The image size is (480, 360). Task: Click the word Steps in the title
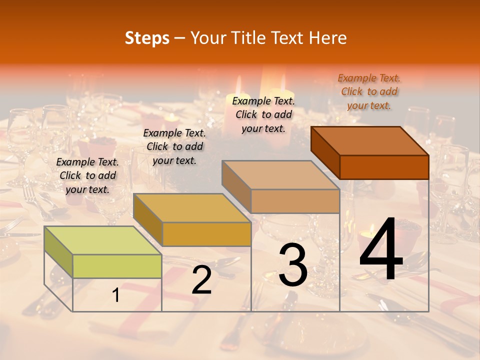click(x=147, y=38)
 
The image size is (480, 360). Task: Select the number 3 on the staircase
click(x=293, y=266)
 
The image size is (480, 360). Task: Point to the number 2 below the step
click(x=201, y=280)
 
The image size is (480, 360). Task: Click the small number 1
click(x=116, y=295)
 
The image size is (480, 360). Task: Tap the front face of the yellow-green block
click(x=117, y=266)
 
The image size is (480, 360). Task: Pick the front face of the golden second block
click(x=206, y=234)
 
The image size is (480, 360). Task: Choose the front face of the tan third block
click(x=295, y=201)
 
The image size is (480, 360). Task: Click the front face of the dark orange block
click(x=384, y=167)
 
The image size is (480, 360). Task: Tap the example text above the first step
click(x=87, y=175)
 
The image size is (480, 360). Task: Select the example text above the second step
click(x=174, y=146)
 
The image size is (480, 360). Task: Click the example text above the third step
click(x=263, y=114)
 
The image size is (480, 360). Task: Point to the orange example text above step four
click(x=369, y=91)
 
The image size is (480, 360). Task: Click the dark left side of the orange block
click(x=325, y=152)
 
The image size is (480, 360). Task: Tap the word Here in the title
click(x=328, y=38)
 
